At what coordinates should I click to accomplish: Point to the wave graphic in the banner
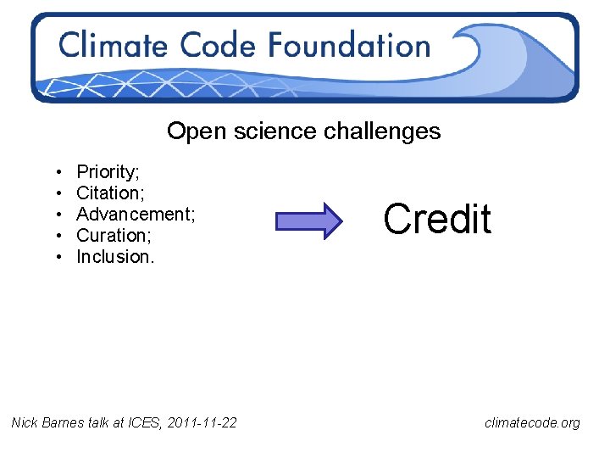508,55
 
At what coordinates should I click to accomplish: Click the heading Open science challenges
303,131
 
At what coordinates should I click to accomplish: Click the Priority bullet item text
108,172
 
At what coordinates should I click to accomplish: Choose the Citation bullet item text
108,193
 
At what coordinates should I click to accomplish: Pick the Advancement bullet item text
136,215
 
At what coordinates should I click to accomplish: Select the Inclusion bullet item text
115,257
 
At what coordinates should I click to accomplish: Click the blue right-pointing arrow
308,221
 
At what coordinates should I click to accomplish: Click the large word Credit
437,219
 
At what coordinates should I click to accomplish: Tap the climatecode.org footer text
532,422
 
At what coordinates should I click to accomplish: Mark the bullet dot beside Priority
55,173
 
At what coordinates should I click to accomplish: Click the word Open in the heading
189,131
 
